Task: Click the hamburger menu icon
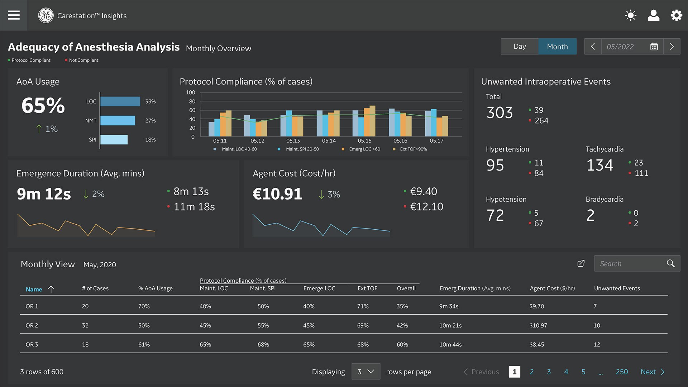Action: click(14, 15)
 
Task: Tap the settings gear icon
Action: click(676, 15)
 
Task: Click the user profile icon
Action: click(653, 15)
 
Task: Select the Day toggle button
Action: click(519, 47)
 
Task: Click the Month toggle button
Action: click(557, 47)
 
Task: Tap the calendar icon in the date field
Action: click(654, 47)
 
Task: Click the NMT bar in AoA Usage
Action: click(118, 120)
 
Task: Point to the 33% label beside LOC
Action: click(150, 101)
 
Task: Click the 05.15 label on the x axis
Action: click(364, 141)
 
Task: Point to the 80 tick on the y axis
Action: click(192, 101)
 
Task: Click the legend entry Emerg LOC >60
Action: click(364, 149)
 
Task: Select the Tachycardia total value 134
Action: click(599, 165)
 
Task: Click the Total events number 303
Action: click(500, 113)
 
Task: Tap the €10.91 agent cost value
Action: click(277, 194)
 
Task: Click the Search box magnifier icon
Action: click(670, 263)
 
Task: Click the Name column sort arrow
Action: click(51, 289)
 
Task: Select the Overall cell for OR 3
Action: click(402, 344)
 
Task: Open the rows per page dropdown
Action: click(365, 372)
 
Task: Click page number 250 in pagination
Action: click(622, 372)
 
